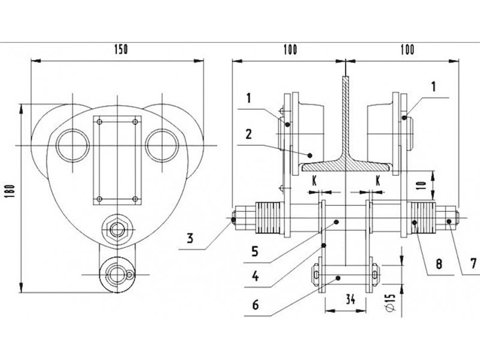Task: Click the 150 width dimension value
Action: click(x=121, y=50)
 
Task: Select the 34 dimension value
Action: click(x=350, y=299)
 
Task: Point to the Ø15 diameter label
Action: click(x=391, y=303)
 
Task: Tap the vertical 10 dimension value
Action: click(x=422, y=185)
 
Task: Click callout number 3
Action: click(x=190, y=238)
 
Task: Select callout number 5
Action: click(x=255, y=251)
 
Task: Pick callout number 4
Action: click(x=255, y=277)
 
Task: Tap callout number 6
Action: click(x=256, y=305)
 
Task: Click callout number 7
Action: click(x=473, y=263)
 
